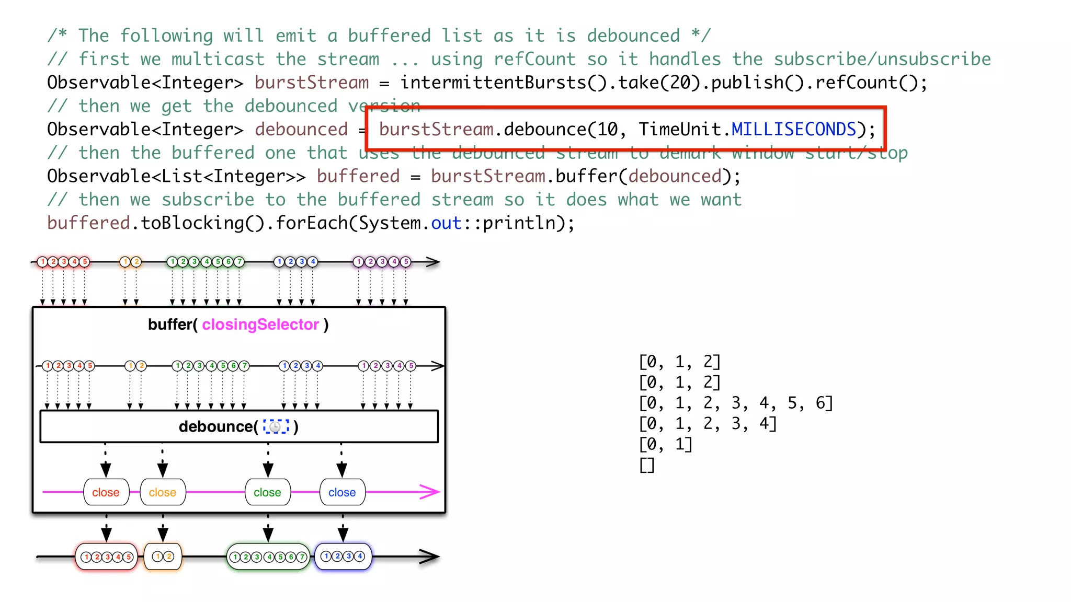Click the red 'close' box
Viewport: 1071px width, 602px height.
[106, 492]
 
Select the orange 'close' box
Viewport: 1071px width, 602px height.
[163, 492]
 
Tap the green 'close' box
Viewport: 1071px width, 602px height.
[267, 492]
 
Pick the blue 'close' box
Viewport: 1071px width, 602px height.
[342, 492]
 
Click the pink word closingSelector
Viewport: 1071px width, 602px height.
[260, 325]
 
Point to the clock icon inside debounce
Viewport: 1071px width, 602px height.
[276, 427]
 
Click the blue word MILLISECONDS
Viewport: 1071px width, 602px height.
[793, 129]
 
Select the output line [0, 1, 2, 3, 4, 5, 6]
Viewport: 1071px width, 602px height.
[735, 403]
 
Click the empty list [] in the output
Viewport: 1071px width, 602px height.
[646, 465]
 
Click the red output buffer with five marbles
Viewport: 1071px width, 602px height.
[107, 557]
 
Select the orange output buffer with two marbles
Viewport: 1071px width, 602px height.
[163, 557]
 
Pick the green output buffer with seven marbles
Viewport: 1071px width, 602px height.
[268, 557]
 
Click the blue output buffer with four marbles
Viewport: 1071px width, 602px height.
[343, 557]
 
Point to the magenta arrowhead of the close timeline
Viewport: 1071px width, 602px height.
[431, 492]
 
